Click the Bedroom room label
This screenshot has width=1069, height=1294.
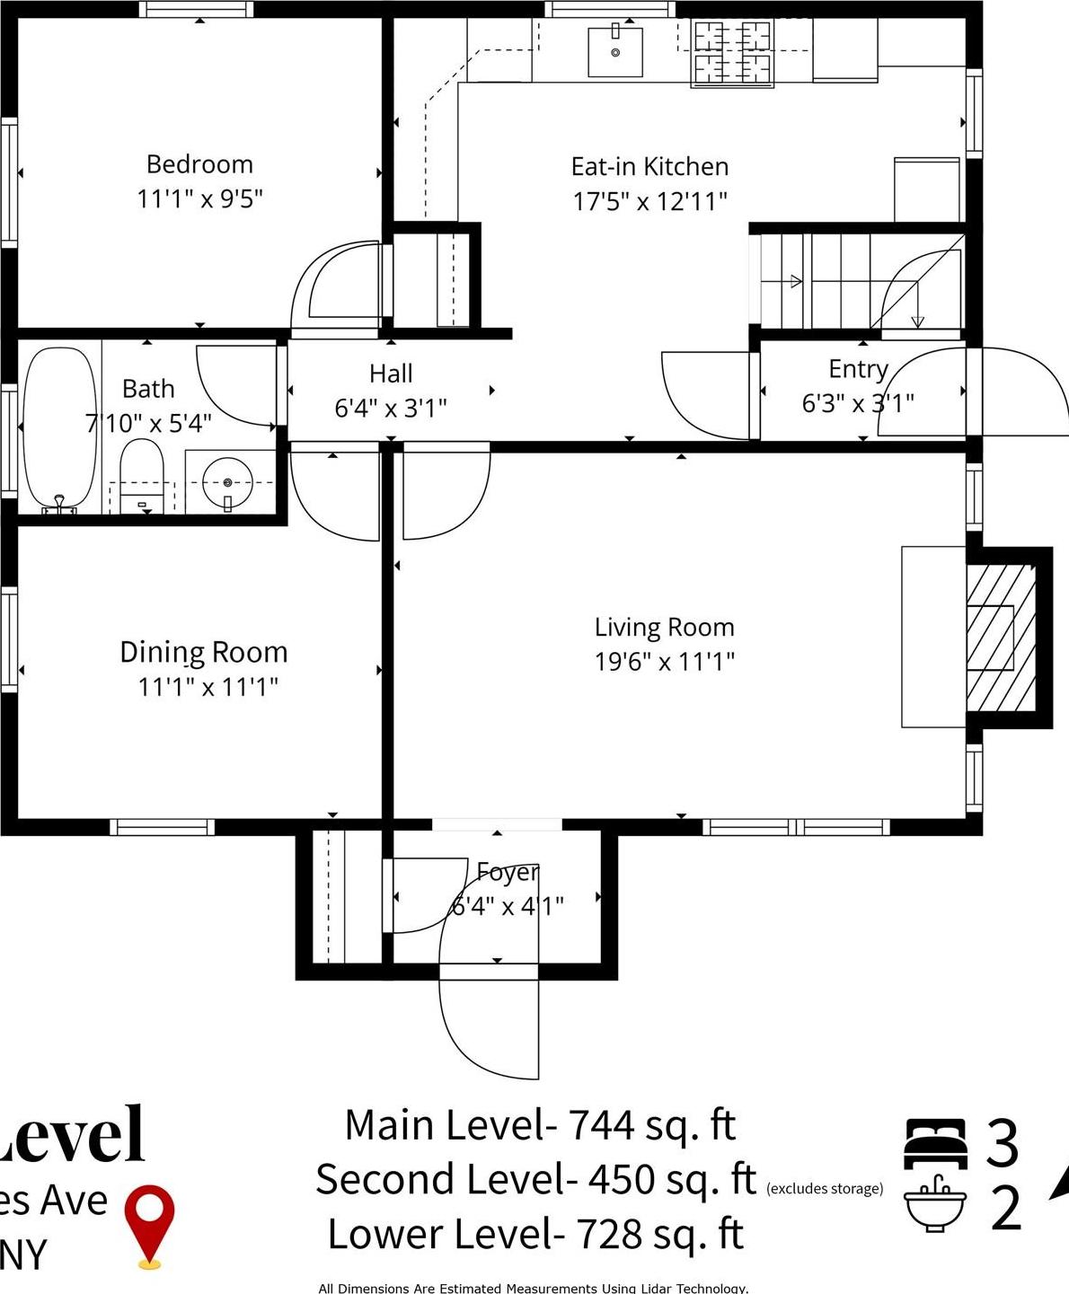click(x=199, y=164)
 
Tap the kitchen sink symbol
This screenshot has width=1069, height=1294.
click(x=615, y=52)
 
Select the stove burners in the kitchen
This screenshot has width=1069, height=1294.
click(x=733, y=54)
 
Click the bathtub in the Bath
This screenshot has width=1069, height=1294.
click(x=59, y=429)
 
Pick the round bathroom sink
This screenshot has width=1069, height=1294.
click(x=227, y=483)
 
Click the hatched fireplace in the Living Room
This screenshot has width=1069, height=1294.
click(x=1000, y=638)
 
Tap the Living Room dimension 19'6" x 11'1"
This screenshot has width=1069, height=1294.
click(x=664, y=662)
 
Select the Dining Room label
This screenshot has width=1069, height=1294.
click(x=204, y=652)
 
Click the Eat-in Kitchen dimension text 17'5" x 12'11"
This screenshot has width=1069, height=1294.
click(x=649, y=201)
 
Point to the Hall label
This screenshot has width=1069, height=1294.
click(x=391, y=374)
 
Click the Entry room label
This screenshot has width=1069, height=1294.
click(x=858, y=369)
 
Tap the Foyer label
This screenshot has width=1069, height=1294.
click(x=508, y=871)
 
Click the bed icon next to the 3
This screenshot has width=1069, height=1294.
click(x=935, y=1143)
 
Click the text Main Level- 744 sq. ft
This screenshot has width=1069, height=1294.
click(x=540, y=1125)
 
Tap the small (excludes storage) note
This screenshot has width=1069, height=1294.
click(x=825, y=1189)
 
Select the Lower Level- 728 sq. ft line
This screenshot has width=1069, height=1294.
click(x=535, y=1235)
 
